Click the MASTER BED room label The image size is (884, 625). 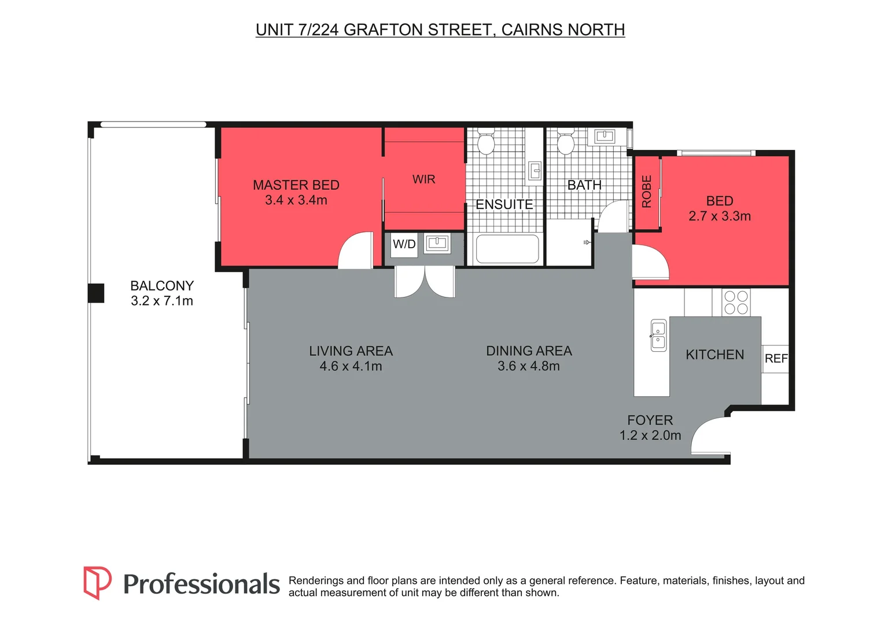(x=296, y=185)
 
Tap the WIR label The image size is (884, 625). (x=423, y=179)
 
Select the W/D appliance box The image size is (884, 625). (x=404, y=244)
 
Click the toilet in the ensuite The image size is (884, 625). (x=485, y=142)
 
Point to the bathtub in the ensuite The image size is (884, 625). (x=507, y=249)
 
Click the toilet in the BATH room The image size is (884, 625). (x=565, y=142)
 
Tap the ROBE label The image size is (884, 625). (x=647, y=192)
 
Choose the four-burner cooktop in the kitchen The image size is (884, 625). (x=736, y=303)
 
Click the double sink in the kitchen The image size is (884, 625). (x=658, y=335)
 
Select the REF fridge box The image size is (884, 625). (x=776, y=359)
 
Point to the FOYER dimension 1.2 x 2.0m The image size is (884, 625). (x=650, y=436)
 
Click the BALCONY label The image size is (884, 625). (x=162, y=286)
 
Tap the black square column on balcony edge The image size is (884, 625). (x=96, y=293)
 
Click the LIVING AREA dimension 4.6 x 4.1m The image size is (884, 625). (x=351, y=366)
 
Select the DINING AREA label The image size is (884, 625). (x=529, y=351)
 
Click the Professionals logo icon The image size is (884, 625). (x=97, y=582)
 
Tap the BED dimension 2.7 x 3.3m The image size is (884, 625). (x=720, y=216)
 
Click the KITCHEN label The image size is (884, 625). (x=714, y=355)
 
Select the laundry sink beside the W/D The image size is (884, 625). (x=437, y=244)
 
